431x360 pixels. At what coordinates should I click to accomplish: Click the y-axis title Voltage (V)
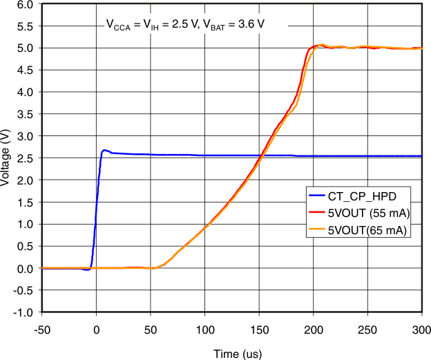pyautogui.click(x=6, y=158)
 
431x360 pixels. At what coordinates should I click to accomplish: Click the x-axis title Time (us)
pyautogui.click(x=236, y=354)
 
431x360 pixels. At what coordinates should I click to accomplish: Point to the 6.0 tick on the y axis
pyautogui.click(x=24, y=4)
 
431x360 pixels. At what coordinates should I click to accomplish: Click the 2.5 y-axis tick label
pyautogui.click(x=24, y=158)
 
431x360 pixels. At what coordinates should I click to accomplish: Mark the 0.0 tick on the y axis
pyautogui.click(x=24, y=268)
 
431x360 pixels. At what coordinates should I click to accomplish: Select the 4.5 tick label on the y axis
pyautogui.click(x=24, y=70)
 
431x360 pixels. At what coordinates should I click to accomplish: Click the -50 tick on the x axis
pyautogui.click(x=43, y=328)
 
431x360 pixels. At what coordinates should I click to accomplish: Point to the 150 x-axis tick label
pyautogui.click(x=260, y=328)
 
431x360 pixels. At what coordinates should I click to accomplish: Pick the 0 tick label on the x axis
pyautogui.click(x=97, y=328)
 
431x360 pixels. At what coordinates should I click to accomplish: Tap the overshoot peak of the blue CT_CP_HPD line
pyautogui.click(x=104, y=150)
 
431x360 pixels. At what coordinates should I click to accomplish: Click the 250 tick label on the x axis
pyautogui.click(x=368, y=328)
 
